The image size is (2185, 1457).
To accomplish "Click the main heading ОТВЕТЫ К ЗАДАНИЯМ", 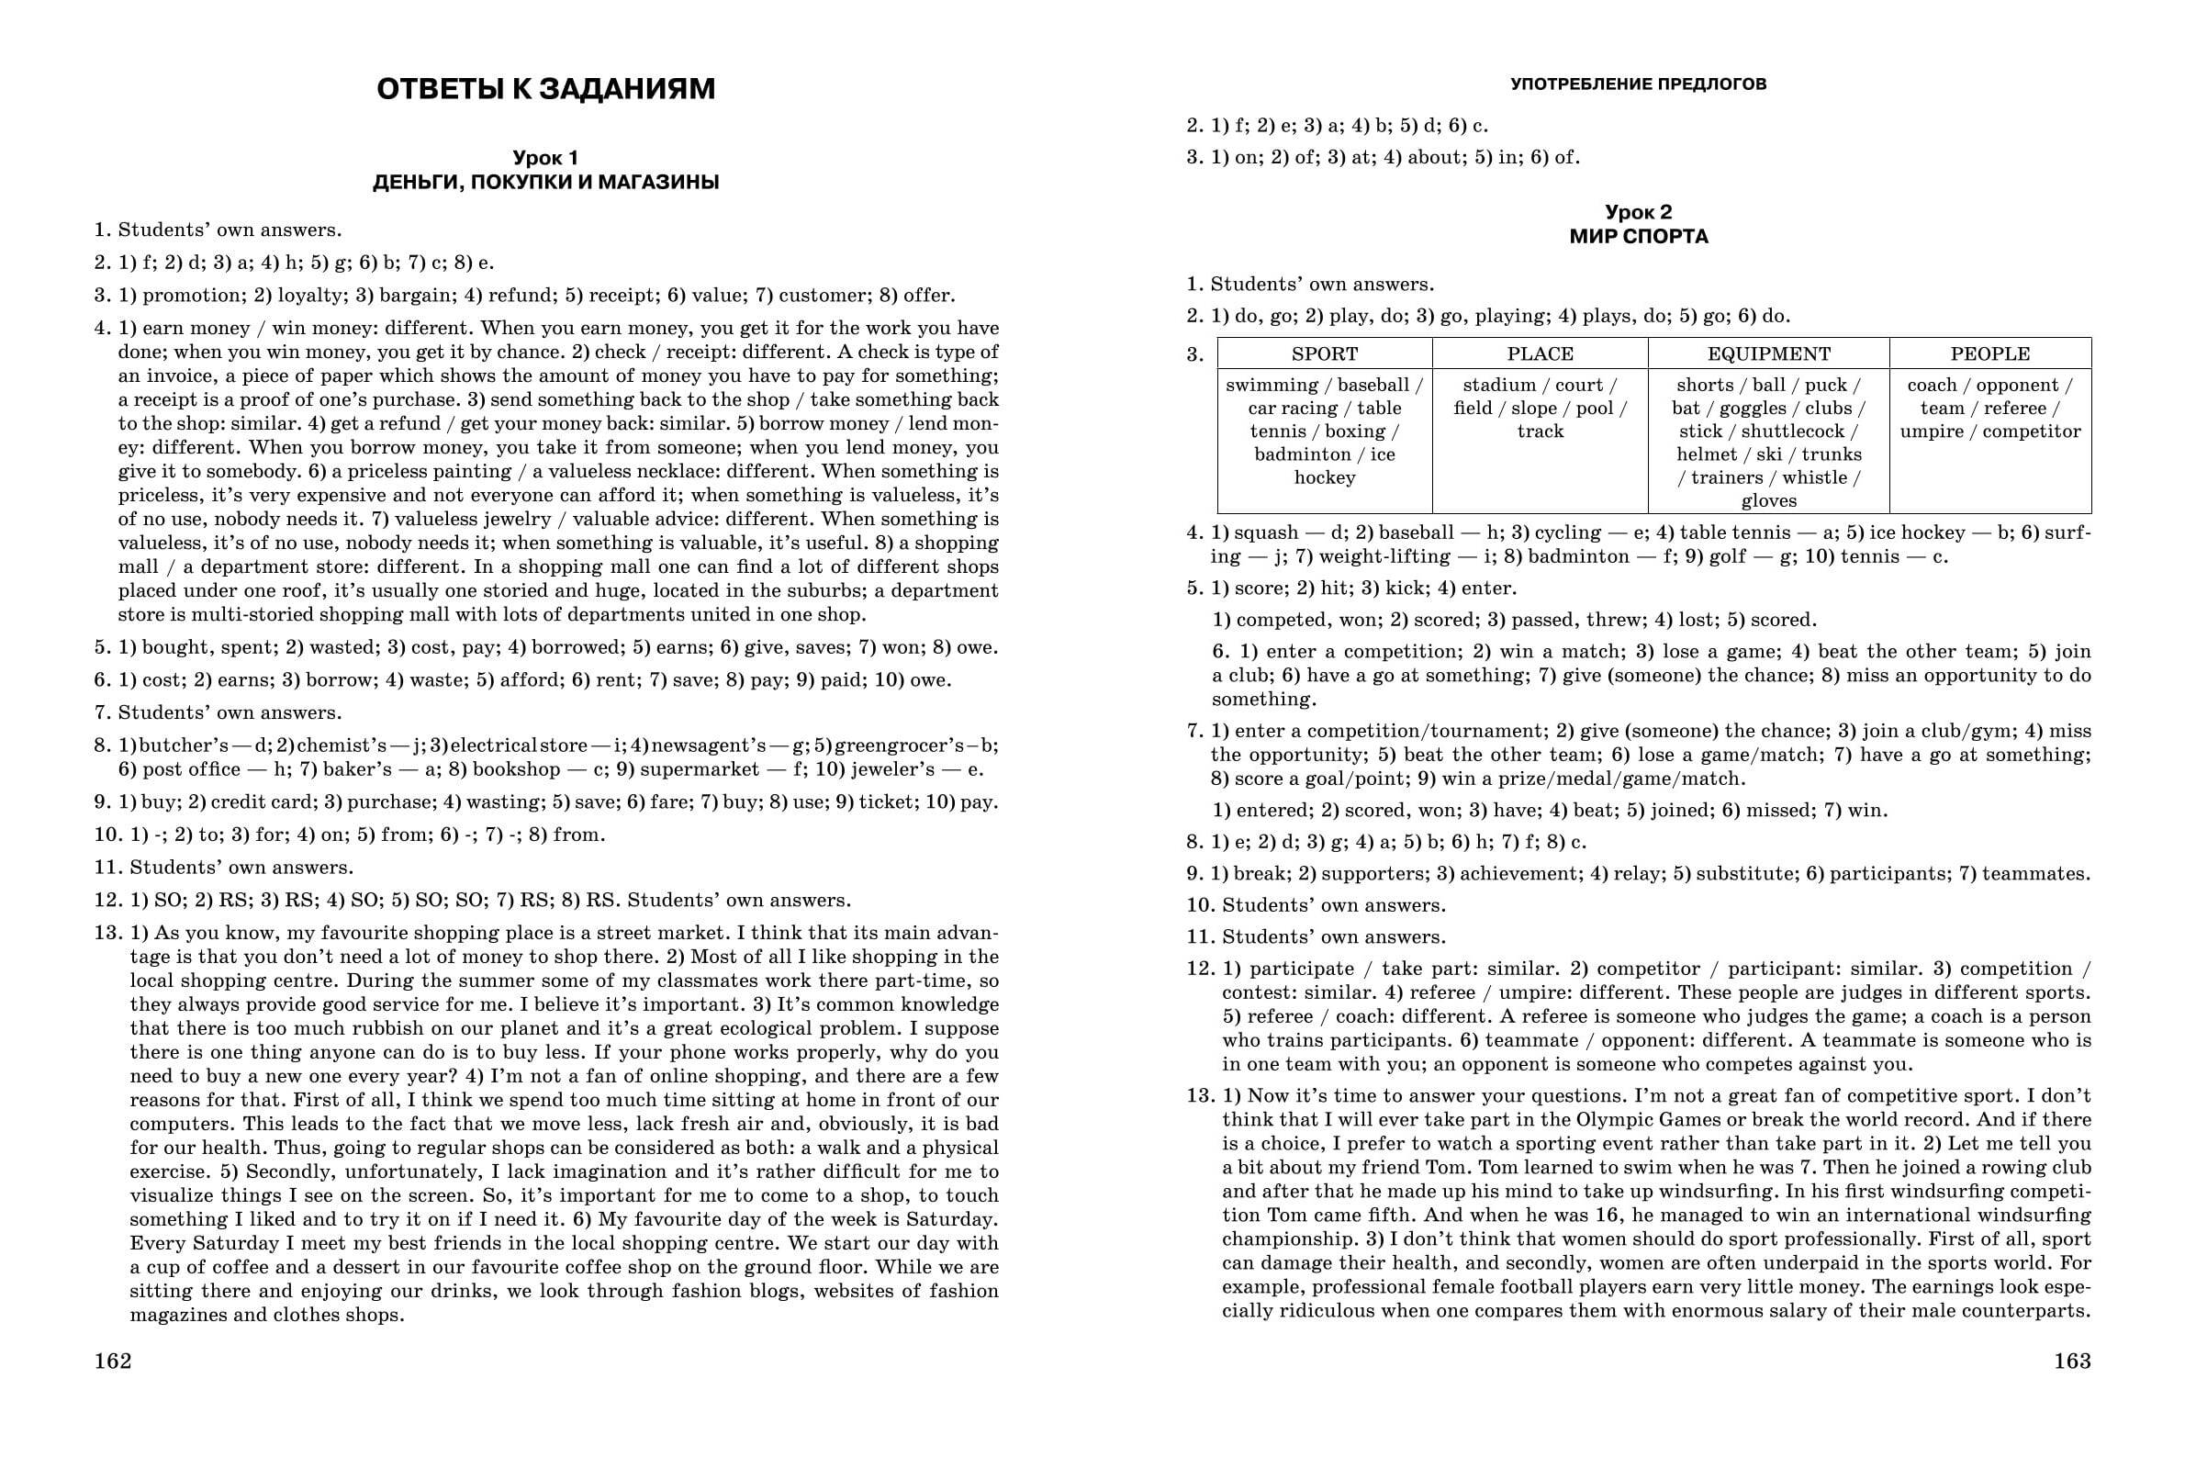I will pyautogui.click(x=546, y=90).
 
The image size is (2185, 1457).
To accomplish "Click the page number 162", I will pyautogui.click(x=112, y=1362).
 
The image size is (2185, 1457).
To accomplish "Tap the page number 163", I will pyautogui.click(x=2072, y=1362).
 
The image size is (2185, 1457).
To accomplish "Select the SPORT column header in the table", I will pyautogui.click(x=1324, y=354).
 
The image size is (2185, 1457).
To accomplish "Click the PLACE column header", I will pyautogui.click(x=1540, y=354).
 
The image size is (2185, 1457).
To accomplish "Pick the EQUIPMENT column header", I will pyautogui.click(x=1768, y=354).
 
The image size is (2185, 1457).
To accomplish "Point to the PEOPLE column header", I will pyautogui.click(x=1990, y=354).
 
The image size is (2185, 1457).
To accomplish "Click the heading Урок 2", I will pyautogui.click(x=1639, y=213).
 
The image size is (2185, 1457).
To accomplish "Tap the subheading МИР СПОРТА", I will pyautogui.click(x=1639, y=237).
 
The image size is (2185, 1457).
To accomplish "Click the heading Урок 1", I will pyautogui.click(x=546, y=159).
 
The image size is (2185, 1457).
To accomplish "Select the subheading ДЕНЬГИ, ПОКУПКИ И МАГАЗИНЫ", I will pyautogui.click(x=546, y=183).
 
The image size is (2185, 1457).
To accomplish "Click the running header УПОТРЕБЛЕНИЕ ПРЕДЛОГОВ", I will pyautogui.click(x=1639, y=84).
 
